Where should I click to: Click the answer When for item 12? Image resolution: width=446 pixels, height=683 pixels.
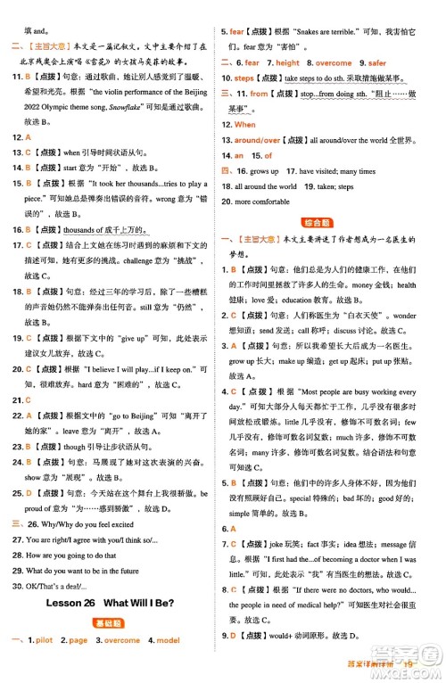tap(244, 125)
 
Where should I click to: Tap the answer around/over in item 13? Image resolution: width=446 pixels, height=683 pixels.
tap(258, 140)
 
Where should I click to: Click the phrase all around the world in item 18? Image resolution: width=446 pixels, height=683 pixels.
tap(266, 186)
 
